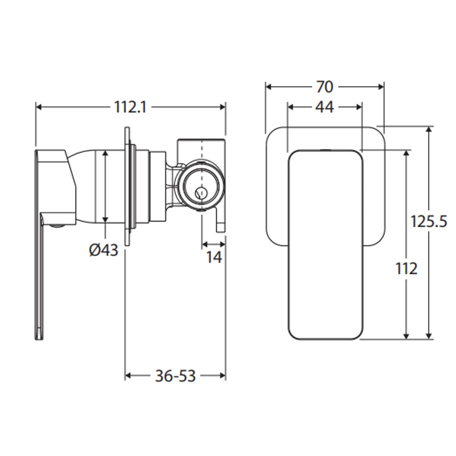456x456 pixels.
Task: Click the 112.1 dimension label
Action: point(130,107)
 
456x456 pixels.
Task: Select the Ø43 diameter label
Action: point(103,250)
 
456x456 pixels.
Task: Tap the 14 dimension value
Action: point(214,257)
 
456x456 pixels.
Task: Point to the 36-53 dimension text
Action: point(175,376)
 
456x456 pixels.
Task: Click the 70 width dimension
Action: point(325,87)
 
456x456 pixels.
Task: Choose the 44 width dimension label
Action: point(325,107)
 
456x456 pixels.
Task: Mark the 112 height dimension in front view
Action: point(406,268)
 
